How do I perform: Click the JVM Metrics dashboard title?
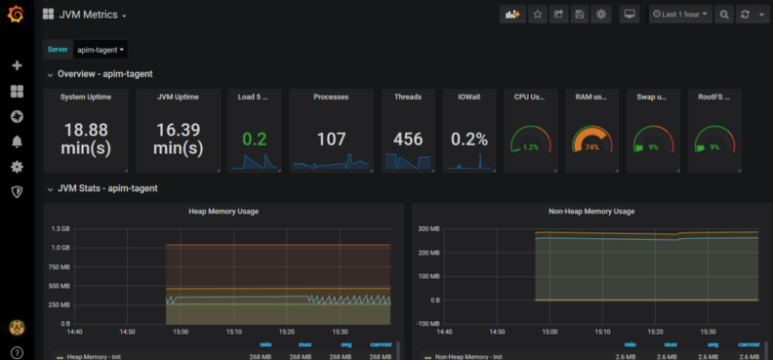[89, 15]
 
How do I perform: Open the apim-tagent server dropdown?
[101, 49]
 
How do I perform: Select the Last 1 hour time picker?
[680, 15]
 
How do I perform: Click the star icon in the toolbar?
[537, 15]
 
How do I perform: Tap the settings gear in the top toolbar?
[600, 15]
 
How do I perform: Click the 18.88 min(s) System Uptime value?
[86, 139]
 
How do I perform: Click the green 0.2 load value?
[254, 139]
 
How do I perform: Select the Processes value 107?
[331, 139]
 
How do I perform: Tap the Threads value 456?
[408, 139]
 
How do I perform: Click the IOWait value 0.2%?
[469, 139]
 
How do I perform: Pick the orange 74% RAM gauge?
[591, 142]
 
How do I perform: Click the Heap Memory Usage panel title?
[223, 211]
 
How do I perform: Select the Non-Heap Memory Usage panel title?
[591, 211]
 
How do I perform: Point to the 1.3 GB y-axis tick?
[58, 228]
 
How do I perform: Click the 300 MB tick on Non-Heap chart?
[429, 228]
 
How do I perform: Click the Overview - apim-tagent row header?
[104, 74]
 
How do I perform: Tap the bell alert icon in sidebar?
[17, 141]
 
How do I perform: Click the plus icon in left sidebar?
[17, 65]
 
